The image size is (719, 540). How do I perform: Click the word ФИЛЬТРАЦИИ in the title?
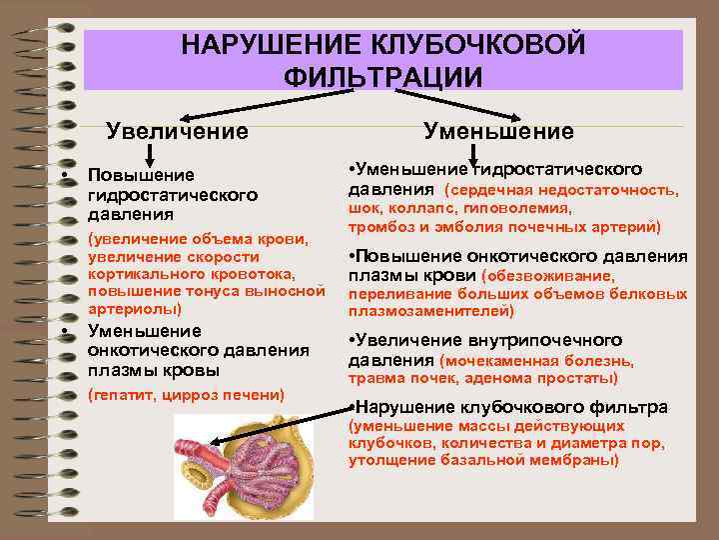coord(383,77)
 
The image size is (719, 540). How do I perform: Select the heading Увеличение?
coord(178,131)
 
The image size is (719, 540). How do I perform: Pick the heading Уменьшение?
coord(498,131)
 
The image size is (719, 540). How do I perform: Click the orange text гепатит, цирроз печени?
coord(187,394)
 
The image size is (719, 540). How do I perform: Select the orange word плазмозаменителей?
coord(429,311)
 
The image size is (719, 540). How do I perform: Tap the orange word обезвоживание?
coord(549,275)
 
